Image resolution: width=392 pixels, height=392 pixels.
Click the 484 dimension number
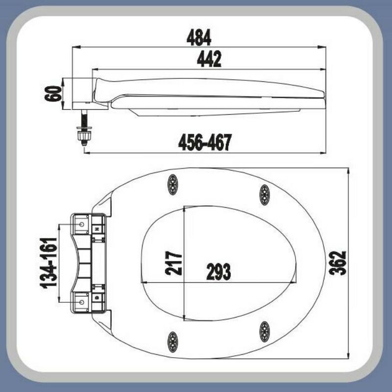199,38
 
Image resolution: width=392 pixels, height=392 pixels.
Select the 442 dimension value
209,59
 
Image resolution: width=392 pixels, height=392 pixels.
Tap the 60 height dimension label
53,94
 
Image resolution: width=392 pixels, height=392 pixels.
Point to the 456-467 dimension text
205,143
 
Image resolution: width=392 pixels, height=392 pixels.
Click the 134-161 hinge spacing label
49,263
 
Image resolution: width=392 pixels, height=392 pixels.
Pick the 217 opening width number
173,263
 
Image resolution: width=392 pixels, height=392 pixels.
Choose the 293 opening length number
219,272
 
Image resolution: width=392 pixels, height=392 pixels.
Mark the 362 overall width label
337,263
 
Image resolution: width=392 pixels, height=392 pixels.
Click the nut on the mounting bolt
85,136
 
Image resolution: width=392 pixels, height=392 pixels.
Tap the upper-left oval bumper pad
172,185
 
